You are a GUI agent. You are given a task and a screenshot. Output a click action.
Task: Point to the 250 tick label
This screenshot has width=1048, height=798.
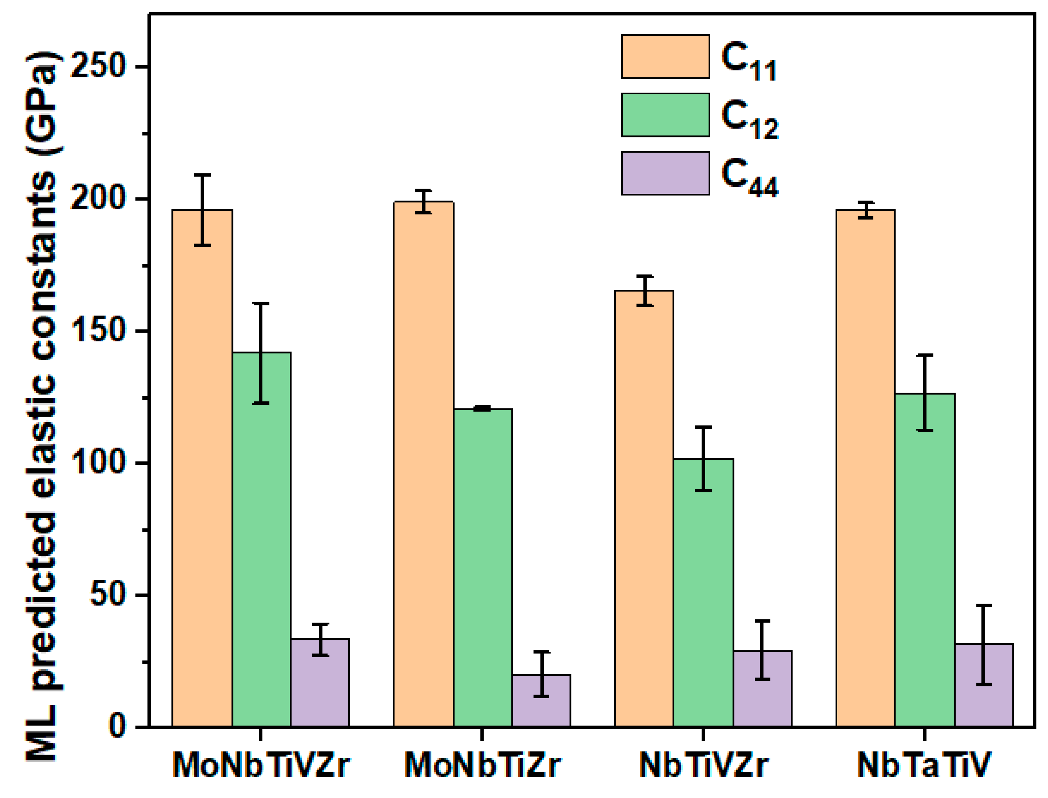(98, 65)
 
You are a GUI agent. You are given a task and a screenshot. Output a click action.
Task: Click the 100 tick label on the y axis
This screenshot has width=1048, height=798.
(98, 462)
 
